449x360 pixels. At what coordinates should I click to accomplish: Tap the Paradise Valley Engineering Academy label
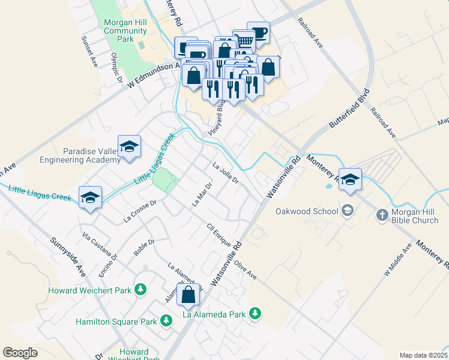click(x=80, y=155)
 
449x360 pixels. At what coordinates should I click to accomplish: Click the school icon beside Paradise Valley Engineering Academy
click(x=129, y=147)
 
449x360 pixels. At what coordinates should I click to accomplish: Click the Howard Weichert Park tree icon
click(x=140, y=290)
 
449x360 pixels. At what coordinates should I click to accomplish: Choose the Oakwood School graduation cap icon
click(x=348, y=211)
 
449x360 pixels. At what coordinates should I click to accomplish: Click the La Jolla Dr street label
click(x=226, y=174)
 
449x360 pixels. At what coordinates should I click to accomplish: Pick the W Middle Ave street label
click(x=396, y=259)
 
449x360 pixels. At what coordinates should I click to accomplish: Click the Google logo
click(x=20, y=353)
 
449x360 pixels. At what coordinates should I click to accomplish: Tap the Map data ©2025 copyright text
click(x=423, y=355)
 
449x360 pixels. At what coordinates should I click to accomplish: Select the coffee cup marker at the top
click(x=258, y=32)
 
